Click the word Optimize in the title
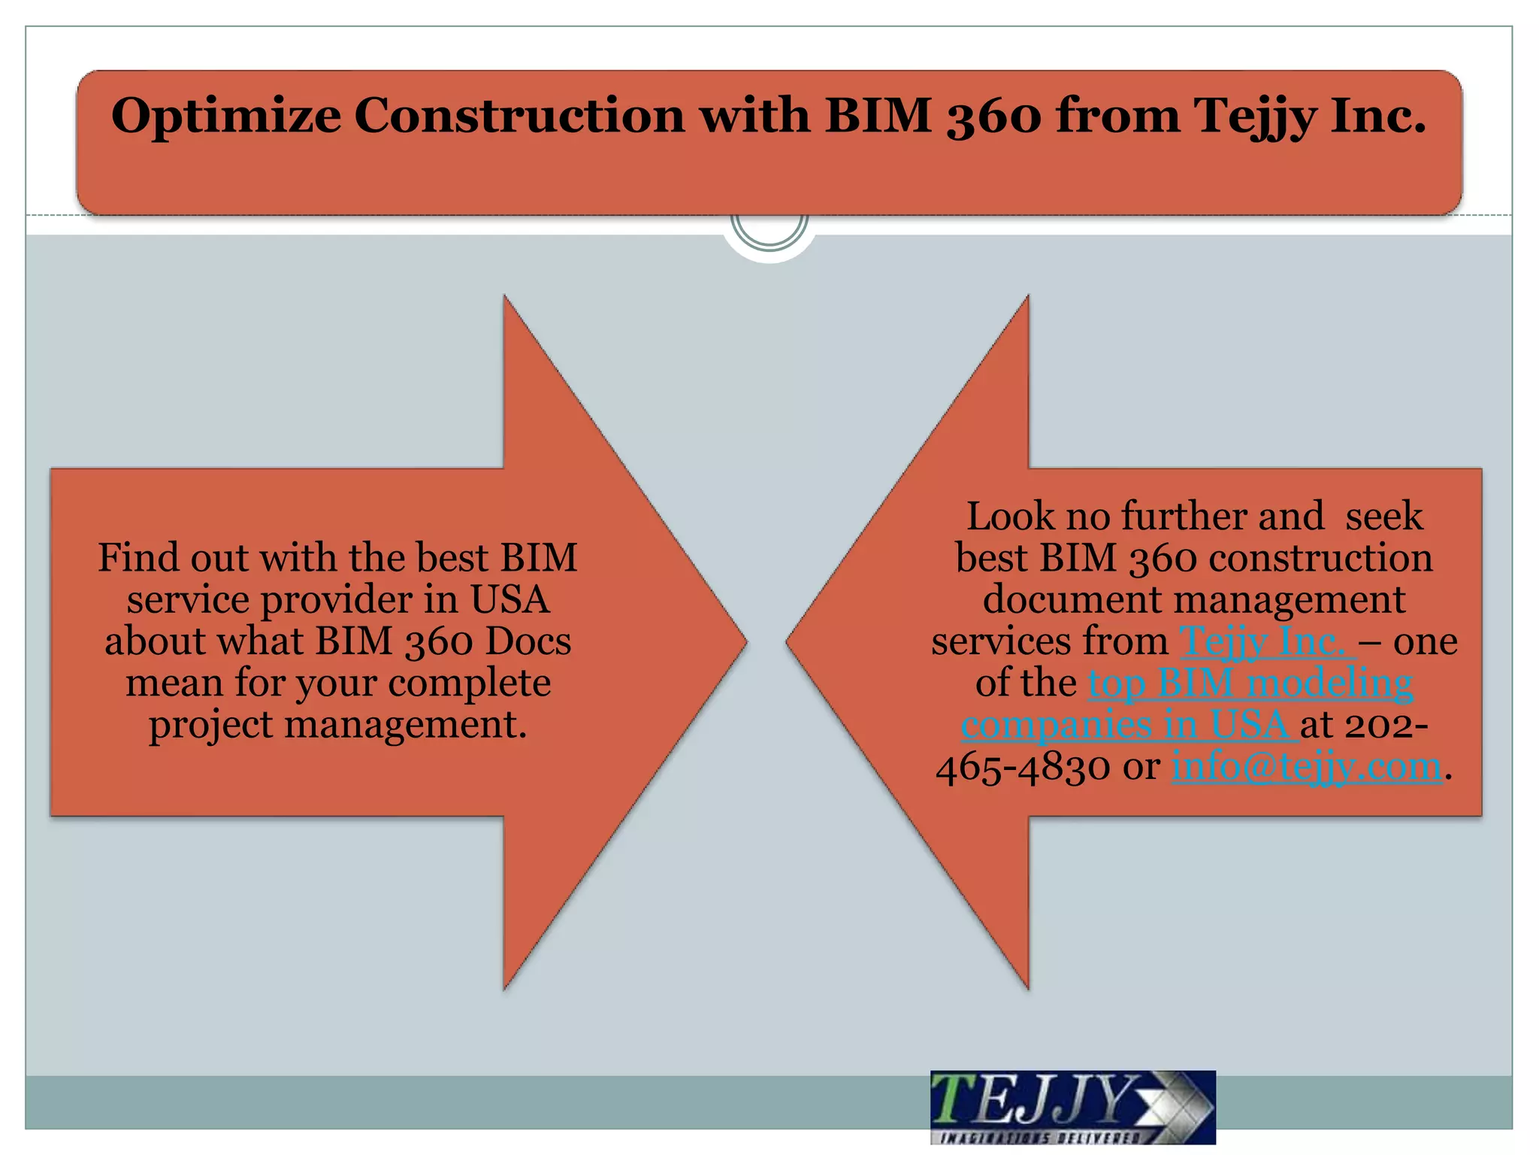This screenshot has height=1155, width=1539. [225, 117]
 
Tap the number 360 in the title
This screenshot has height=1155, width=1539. [993, 117]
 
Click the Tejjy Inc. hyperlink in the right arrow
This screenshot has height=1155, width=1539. [1267, 641]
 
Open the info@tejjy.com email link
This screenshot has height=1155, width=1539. [1307, 766]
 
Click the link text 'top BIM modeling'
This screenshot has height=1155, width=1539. [1250, 683]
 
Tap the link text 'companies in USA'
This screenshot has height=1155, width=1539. [1128, 725]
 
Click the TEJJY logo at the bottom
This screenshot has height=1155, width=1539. [1072, 1107]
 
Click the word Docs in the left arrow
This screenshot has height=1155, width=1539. [528, 641]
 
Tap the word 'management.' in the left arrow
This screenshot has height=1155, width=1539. [406, 725]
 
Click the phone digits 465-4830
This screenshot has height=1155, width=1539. [1023, 767]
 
